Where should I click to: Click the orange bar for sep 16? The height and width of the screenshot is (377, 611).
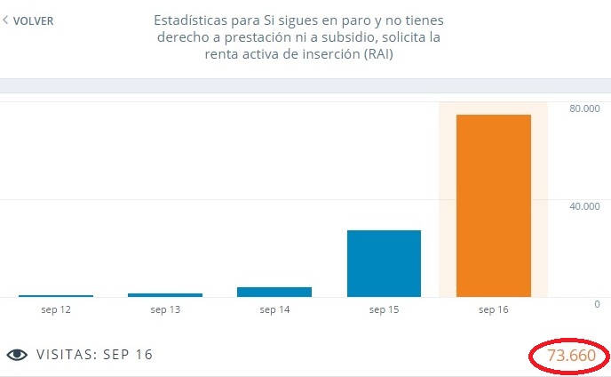(x=493, y=205)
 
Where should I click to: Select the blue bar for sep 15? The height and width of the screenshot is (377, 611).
(x=384, y=263)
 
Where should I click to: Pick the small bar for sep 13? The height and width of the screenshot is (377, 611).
(x=165, y=294)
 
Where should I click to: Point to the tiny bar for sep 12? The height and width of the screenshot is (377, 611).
(x=55, y=295)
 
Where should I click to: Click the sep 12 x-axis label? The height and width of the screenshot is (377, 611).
(x=55, y=309)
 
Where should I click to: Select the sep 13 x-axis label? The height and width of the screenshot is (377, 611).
(x=165, y=309)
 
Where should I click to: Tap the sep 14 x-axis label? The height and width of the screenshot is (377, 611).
(x=274, y=309)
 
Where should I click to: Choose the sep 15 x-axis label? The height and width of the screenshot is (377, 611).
(x=384, y=309)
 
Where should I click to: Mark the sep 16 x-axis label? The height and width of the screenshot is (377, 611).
(x=493, y=309)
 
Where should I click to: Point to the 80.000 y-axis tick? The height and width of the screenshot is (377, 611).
(x=584, y=108)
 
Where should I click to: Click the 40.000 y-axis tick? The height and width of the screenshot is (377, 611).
(x=584, y=206)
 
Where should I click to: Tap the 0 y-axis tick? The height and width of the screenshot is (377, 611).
(x=597, y=304)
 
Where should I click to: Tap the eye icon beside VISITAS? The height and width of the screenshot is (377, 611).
(x=17, y=355)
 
